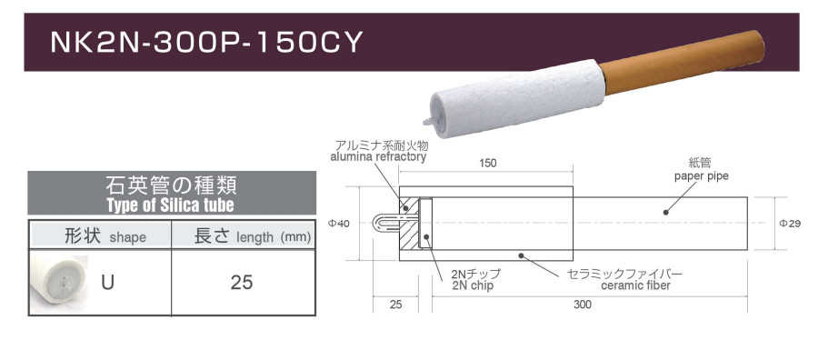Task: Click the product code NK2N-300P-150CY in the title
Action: [206, 42]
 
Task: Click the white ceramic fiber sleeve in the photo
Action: [517, 98]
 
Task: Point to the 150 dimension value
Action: [487, 164]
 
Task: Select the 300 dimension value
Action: [583, 305]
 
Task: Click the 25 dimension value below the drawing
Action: [396, 305]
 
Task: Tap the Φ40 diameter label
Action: [339, 224]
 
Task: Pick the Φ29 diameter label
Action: [790, 224]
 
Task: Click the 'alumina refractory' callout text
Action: [378, 156]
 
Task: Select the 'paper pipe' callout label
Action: [701, 175]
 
